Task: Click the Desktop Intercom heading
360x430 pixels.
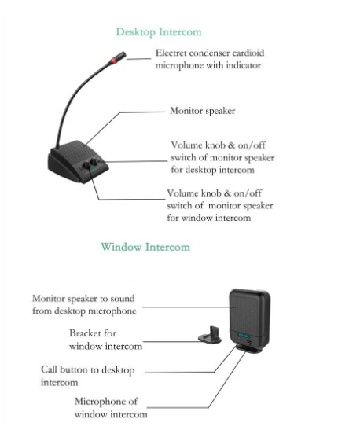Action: click(159, 32)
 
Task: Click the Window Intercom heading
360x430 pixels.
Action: click(145, 247)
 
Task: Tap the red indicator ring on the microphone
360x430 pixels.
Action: click(114, 59)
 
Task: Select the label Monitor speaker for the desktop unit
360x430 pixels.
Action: click(202, 111)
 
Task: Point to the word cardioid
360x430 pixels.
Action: click(248, 53)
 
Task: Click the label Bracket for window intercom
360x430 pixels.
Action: click(106, 340)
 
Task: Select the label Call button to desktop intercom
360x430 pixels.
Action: click(87, 376)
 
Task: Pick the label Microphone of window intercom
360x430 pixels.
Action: click(111, 408)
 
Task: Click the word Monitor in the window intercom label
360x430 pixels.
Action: click(48, 299)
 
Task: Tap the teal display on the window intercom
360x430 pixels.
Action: click(244, 335)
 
